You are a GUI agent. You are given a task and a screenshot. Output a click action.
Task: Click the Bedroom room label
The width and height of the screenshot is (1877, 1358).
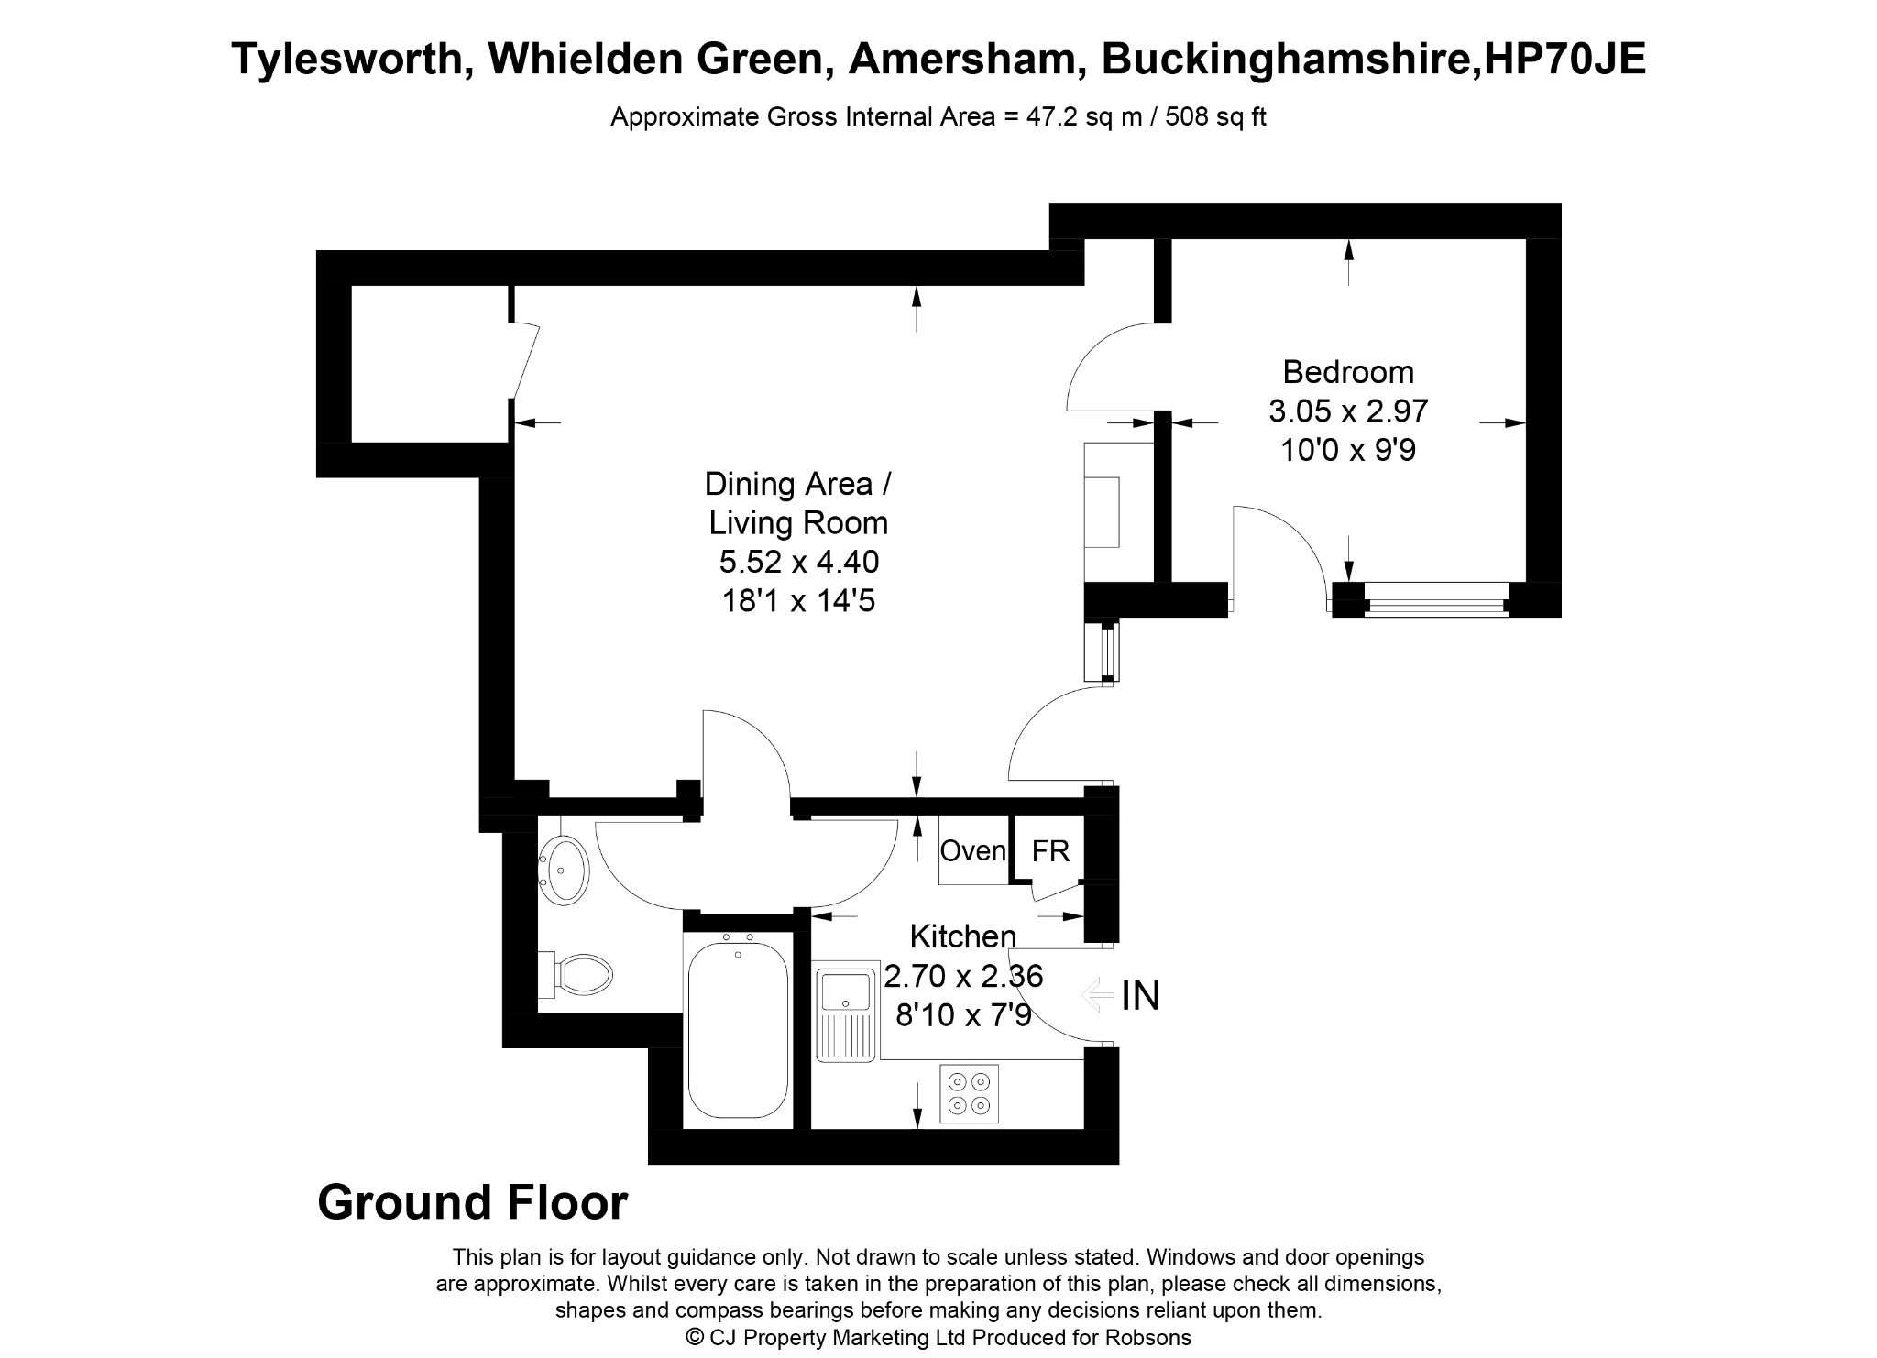click(1347, 372)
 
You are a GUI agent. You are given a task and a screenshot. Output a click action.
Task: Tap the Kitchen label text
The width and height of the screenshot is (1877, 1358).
click(962, 936)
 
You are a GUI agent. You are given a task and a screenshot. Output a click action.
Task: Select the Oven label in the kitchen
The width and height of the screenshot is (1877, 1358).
click(973, 851)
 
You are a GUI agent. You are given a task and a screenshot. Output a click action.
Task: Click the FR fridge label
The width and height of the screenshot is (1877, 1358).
click(1050, 851)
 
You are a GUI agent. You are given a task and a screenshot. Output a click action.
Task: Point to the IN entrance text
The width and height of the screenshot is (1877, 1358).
click(1140, 996)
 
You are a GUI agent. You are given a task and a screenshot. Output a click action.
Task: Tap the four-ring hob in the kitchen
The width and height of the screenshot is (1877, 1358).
click(969, 1093)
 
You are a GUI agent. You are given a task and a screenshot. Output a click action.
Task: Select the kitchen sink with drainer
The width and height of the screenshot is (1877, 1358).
click(846, 1013)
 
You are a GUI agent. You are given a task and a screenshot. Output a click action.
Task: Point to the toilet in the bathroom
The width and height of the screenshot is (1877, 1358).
click(576, 974)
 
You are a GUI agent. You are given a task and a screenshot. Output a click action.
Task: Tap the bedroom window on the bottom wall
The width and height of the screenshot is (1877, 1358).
click(1436, 600)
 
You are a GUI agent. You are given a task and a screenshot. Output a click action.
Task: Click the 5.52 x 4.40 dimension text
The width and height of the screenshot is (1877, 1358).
click(799, 562)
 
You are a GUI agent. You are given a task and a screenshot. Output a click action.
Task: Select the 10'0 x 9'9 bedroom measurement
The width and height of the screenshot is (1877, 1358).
click(1347, 451)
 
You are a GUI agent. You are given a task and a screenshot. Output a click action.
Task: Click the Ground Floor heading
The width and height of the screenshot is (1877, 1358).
click(473, 1203)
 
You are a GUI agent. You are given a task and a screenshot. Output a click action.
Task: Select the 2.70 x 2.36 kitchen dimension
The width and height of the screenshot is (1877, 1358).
click(962, 976)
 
